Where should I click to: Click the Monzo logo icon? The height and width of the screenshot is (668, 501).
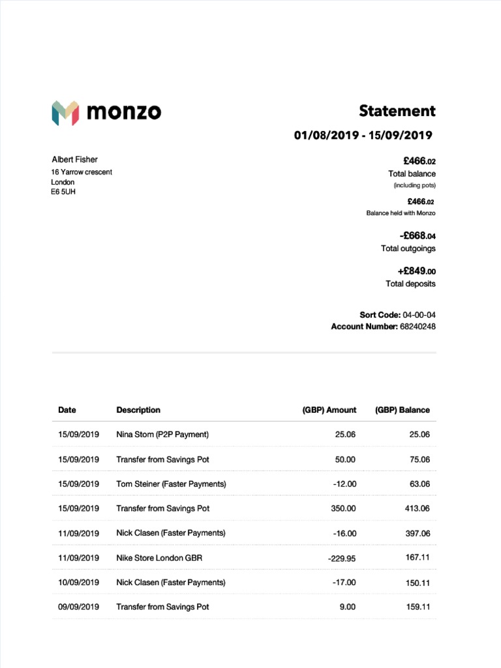pos(65,113)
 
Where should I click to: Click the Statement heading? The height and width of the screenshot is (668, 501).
pos(397,111)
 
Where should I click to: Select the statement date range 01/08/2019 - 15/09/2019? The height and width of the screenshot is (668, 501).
pos(363,136)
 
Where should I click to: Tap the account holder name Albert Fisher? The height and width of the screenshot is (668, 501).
pos(74,160)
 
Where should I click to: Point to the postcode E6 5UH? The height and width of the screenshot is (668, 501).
pos(63,192)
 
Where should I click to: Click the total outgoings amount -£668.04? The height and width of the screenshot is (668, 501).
pos(417,235)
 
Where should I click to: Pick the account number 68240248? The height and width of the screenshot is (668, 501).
pos(417,326)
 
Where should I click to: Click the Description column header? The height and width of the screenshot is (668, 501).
pos(138,410)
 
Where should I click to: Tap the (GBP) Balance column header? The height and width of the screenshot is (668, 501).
pos(402,410)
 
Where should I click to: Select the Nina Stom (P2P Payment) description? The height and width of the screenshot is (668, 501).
pos(162,434)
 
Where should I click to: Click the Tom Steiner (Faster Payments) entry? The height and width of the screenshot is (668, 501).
pos(171,484)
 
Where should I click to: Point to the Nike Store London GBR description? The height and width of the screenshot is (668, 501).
pos(159,558)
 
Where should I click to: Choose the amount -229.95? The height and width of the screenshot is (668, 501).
pos(342,558)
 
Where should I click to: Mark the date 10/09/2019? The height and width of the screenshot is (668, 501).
pos(78,583)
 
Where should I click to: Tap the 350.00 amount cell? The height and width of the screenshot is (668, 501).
pos(342,509)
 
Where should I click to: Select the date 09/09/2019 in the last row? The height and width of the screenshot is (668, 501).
pos(78,607)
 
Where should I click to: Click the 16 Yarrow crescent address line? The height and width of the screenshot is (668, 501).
pos(82,172)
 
